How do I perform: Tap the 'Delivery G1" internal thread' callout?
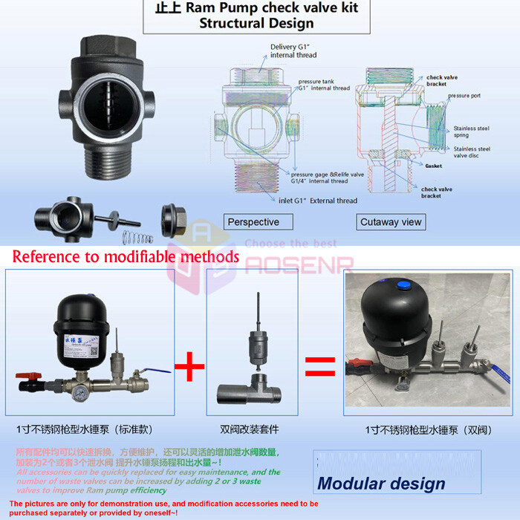coord(293,51)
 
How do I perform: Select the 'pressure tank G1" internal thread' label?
coord(324,85)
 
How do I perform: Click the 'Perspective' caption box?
coord(253,221)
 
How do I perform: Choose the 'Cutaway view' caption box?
coord(391,221)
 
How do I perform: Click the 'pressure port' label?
coord(465,96)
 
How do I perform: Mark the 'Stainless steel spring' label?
coord(472,131)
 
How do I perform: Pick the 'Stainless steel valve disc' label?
coord(472,152)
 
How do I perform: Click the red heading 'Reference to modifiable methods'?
coord(126,257)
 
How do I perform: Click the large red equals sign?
coord(320,367)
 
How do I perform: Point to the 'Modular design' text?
coord(381,484)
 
